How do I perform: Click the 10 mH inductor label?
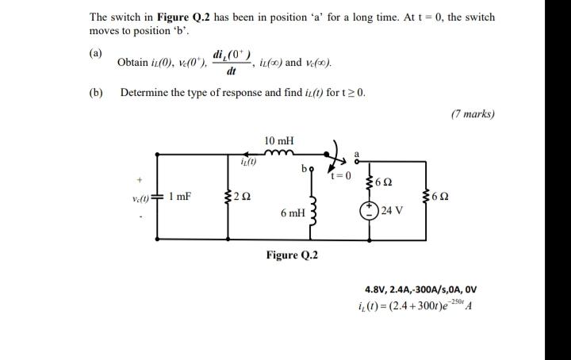(278, 140)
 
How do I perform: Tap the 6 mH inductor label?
(292, 213)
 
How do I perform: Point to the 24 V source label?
(393, 210)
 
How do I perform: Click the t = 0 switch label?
(342, 176)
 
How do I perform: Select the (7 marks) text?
(472, 113)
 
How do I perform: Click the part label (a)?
(96, 53)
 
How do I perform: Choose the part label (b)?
(96, 92)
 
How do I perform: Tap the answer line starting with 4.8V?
(420, 290)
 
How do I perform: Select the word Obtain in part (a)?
(132, 62)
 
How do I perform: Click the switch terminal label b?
(302, 169)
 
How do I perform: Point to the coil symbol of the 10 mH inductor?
(279, 155)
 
